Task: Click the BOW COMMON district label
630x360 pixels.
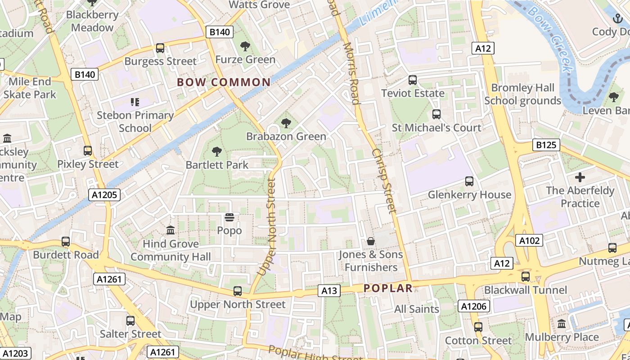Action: pyautogui.click(x=224, y=82)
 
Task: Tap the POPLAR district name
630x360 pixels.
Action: pyautogui.click(x=388, y=288)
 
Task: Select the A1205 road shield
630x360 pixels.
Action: pyautogui.click(x=104, y=195)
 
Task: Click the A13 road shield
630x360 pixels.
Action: pyautogui.click(x=329, y=291)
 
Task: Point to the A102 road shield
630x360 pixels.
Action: pyautogui.click(x=529, y=240)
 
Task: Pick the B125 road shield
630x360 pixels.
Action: pyautogui.click(x=546, y=145)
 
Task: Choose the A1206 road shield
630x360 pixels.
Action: pyautogui.click(x=473, y=306)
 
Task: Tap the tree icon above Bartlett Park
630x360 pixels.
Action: pyautogui.click(x=217, y=152)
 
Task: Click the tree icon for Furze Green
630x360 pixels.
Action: pyautogui.click(x=245, y=46)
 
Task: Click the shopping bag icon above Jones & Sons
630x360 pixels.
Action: pyautogui.click(x=371, y=242)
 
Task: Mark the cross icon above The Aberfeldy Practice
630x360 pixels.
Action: pyautogui.click(x=580, y=177)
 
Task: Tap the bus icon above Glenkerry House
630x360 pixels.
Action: pyautogui.click(x=469, y=181)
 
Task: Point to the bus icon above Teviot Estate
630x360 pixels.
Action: pyautogui.click(x=413, y=80)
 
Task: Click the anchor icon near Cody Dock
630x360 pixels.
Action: pyautogui.click(x=617, y=18)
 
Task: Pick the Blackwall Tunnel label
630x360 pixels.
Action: pyautogui.click(x=526, y=290)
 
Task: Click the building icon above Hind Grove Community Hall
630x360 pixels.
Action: pyautogui.click(x=171, y=230)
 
